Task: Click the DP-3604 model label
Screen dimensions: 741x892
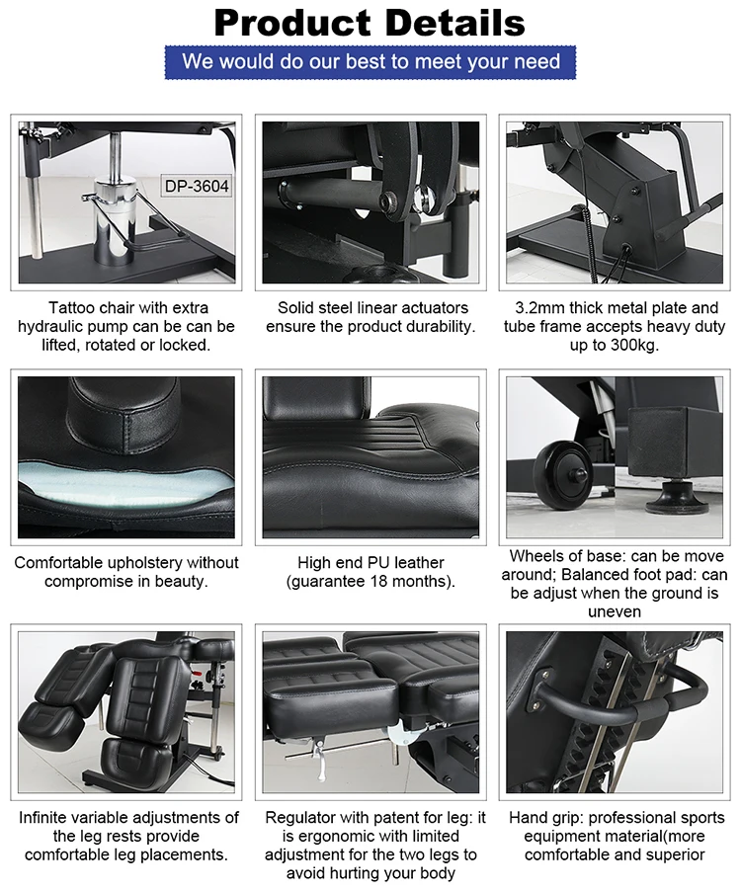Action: click(x=197, y=186)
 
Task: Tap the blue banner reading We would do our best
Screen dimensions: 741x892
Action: click(x=370, y=62)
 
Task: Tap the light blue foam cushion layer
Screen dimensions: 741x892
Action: click(x=125, y=480)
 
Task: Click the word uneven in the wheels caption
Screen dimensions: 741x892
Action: click(x=615, y=611)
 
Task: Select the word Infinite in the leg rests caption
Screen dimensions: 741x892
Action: click(x=45, y=818)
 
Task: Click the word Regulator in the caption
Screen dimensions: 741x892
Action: click(x=300, y=818)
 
